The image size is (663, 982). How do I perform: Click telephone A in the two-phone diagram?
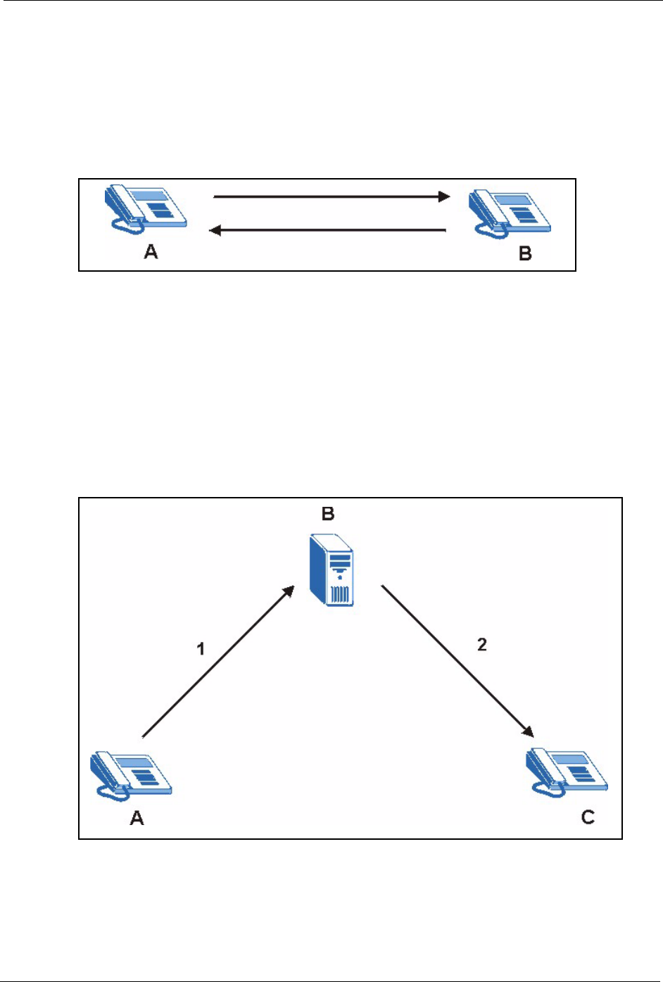click(146, 208)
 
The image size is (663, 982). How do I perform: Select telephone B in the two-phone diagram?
click(510, 211)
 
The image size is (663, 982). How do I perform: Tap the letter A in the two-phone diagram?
click(151, 251)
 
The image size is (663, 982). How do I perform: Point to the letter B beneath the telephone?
click(525, 253)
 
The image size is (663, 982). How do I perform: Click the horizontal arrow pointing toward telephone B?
click(331, 196)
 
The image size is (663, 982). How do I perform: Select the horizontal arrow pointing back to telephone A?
click(329, 230)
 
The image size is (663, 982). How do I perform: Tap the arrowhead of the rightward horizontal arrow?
click(443, 196)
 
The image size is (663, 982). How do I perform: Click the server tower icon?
click(331, 569)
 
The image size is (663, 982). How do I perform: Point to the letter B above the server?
click(328, 515)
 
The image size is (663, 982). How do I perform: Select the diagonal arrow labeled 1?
click(217, 662)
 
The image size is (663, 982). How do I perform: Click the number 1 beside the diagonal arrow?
click(201, 648)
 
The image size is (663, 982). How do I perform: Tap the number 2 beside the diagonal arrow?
click(482, 645)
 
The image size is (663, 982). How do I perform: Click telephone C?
click(567, 772)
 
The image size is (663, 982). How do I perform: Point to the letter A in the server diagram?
click(137, 817)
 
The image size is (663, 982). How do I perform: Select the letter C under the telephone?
click(588, 817)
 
